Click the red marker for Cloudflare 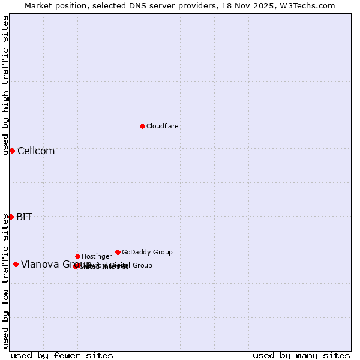[142, 126]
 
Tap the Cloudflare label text [163, 127]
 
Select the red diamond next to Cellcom [12, 151]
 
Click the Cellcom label [36, 151]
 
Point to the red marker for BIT [11, 217]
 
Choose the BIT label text [25, 217]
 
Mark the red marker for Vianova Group [16, 264]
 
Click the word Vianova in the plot [39, 265]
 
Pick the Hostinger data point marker [77, 256]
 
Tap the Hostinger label [97, 257]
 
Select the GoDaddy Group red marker [118, 252]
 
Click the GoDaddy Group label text [147, 253]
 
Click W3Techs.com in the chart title [308, 5]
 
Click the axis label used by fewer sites [62, 356]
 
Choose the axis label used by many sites [301, 356]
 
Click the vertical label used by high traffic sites [5, 85]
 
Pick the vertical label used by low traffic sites [5, 280]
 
